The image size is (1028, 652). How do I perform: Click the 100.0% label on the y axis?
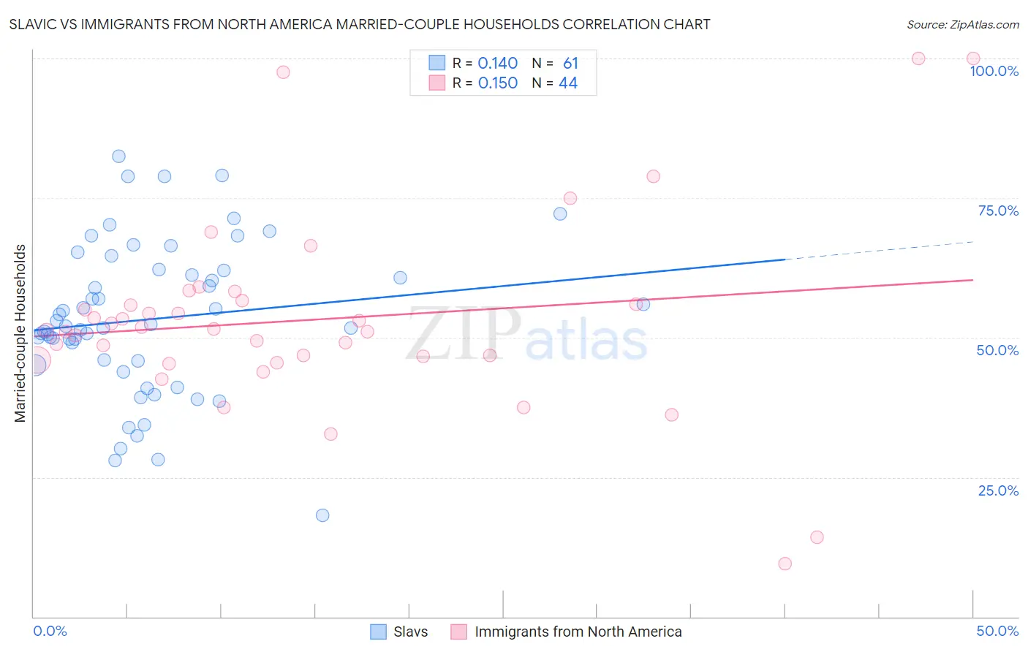tap(994, 71)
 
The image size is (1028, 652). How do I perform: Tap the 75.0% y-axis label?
tap(998, 211)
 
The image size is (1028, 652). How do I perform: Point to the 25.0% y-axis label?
tap(998, 490)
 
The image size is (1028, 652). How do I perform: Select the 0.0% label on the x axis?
tap(50, 631)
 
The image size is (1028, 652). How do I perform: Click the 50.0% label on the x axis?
tap(997, 631)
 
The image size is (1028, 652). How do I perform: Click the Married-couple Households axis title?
tap(20, 333)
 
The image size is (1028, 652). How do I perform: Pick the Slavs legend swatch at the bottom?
tap(378, 632)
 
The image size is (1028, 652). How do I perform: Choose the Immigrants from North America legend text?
tap(578, 632)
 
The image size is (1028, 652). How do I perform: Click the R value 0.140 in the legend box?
tap(497, 64)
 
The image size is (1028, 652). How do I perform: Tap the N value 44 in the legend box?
tap(568, 83)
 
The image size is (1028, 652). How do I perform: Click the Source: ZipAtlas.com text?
tap(962, 25)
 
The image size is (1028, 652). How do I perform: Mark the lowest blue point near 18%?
tap(322, 515)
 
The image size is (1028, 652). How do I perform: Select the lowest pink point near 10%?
tap(785, 564)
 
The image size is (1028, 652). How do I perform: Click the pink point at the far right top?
tap(973, 58)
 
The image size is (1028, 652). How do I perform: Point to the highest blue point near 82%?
tap(118, 156)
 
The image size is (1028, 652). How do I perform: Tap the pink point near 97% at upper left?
tap(283, 72)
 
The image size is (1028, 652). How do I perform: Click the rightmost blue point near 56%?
tap(643, 304)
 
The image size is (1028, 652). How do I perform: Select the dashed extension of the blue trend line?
tap(877, 250)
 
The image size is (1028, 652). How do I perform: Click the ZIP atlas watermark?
tap(526, 335)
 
